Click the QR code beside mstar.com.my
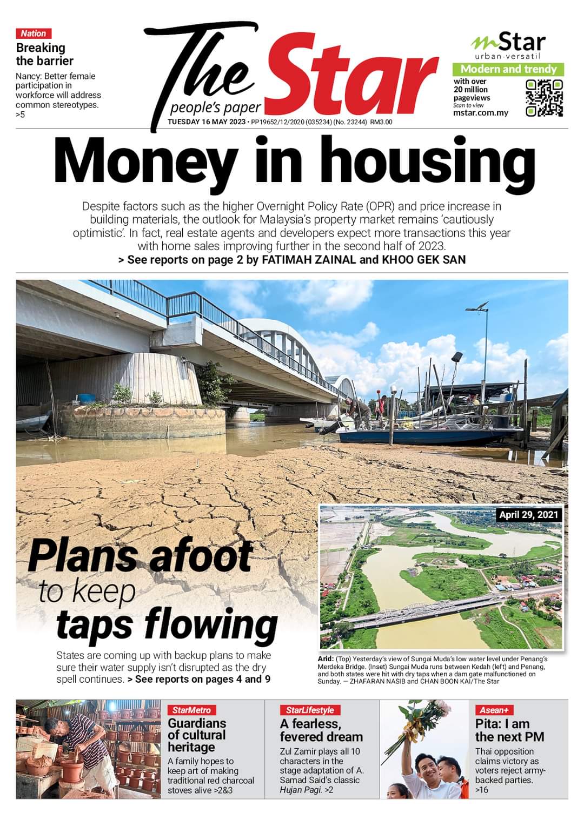[544, 98]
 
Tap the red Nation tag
[34, 33]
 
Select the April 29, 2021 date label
[529, 514]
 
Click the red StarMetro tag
[191, 710]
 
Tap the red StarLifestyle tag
[310, 710]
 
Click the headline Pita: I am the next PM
[509, 730]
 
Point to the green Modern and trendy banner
[508, 69]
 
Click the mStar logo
[508, 43]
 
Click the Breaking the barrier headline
[44, 54]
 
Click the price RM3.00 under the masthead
[381, 122]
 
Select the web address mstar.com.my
[481, 113]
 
